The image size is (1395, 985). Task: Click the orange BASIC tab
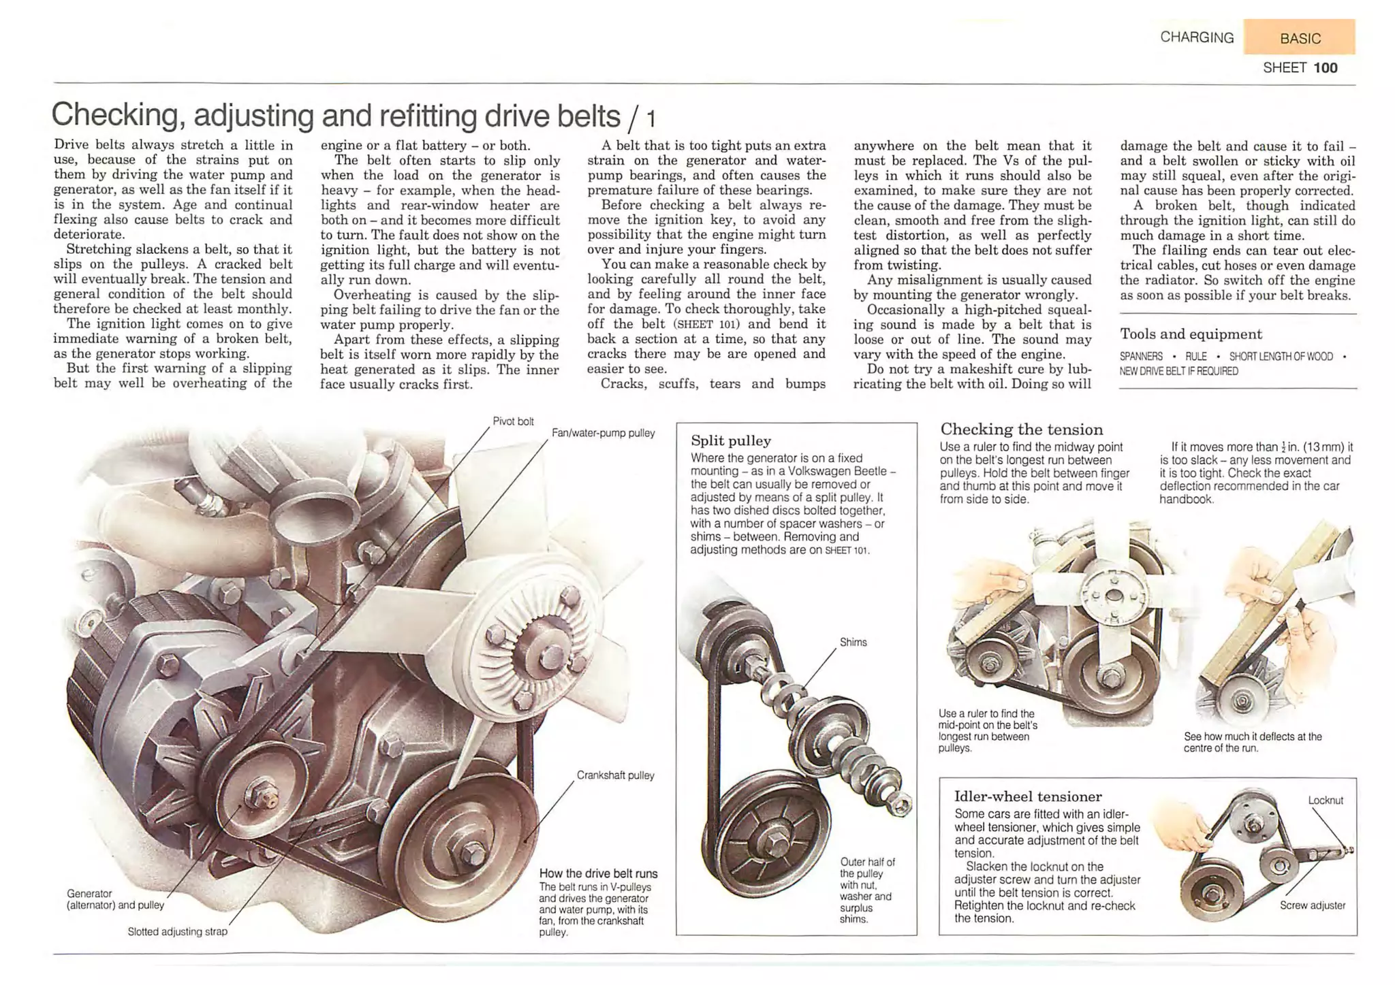1299,37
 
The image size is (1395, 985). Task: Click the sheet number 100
1326,67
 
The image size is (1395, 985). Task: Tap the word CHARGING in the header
1197,37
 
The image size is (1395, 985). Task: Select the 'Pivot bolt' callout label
513,421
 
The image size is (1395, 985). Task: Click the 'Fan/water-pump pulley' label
603,433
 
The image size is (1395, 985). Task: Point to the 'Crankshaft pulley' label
615,775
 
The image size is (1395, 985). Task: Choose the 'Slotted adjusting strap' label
177,931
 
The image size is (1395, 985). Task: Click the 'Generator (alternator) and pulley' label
115,899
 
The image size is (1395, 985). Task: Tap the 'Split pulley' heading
731,440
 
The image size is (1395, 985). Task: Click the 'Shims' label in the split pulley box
853,642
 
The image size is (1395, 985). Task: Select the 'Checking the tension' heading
1021,430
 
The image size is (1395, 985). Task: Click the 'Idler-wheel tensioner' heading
1027,796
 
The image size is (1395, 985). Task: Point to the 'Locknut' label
1325,801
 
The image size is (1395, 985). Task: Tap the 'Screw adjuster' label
1312,905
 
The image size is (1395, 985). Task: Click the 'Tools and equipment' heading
1191,334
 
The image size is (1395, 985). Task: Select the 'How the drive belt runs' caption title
598,873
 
